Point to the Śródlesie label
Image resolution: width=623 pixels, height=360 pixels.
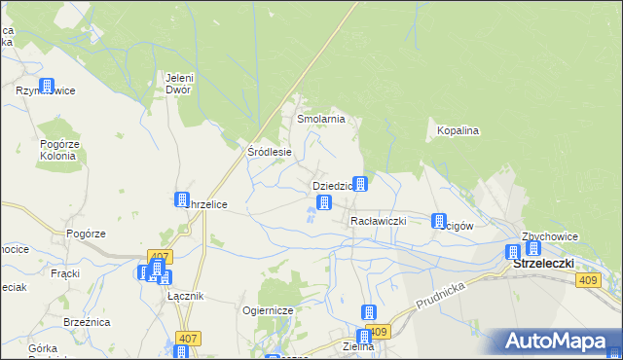coord(270,152)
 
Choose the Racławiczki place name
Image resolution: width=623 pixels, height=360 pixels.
coord(378,221)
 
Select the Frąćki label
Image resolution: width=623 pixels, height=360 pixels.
coord(64,273)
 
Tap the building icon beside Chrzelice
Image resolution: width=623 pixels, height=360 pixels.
coord(182,199)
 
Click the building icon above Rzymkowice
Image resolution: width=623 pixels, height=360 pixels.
coord(46,85)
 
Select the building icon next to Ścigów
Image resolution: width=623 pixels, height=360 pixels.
coord(438,221)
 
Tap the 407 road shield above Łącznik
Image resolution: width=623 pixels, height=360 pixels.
coord(160,257)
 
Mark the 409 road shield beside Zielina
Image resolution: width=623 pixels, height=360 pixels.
coord(379,332)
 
